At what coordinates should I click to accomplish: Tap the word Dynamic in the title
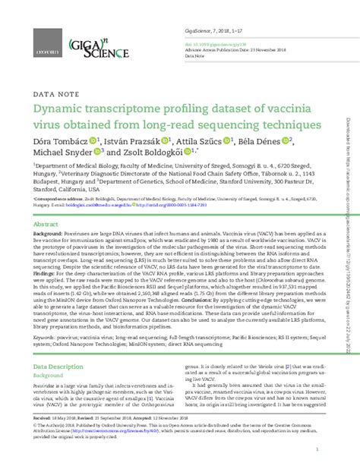point(62,110)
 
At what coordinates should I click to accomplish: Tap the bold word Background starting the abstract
point(47,236)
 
